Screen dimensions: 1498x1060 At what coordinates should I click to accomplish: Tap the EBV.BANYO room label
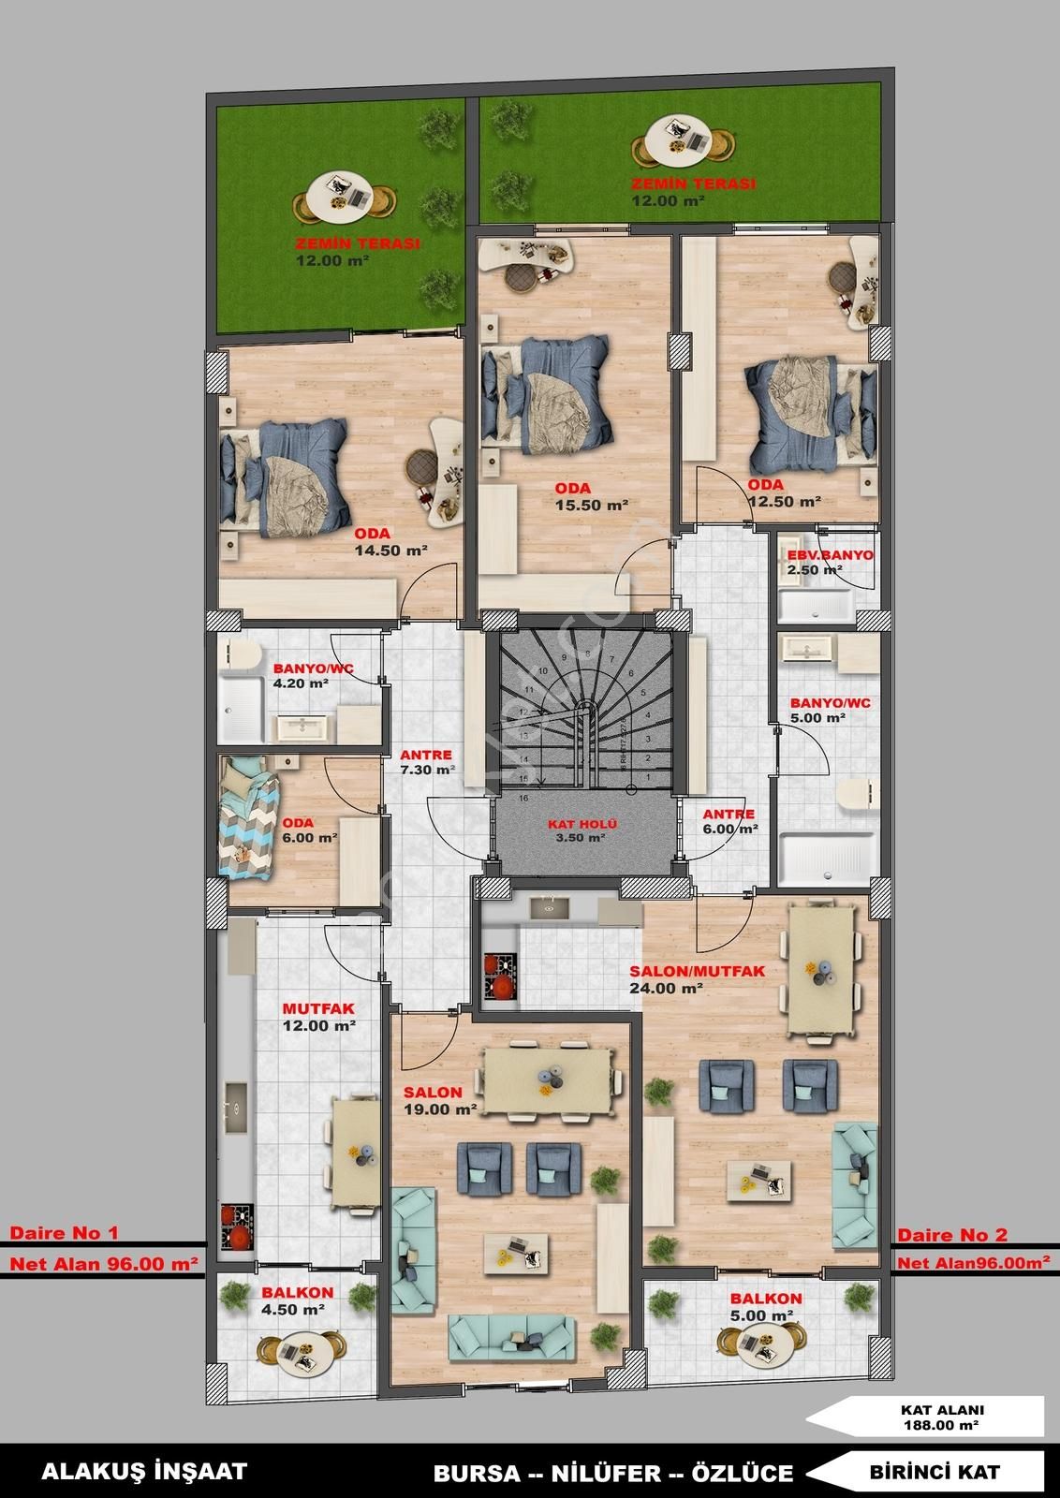click(830, 555)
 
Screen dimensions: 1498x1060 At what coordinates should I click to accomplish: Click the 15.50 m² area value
click(590, 505)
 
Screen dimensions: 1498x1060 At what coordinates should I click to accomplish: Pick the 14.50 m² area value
click(390, 551)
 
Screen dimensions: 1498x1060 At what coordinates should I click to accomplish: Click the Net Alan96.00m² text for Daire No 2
click(973, 1263)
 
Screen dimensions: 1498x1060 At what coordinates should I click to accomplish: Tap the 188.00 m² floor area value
click(942, 1424)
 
